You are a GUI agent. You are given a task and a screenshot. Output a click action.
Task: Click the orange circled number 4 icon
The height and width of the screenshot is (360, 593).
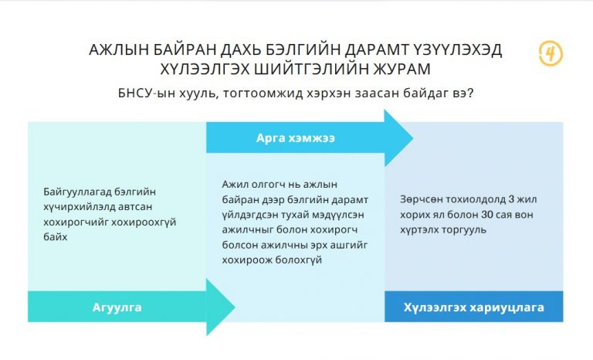[x=551, y=53]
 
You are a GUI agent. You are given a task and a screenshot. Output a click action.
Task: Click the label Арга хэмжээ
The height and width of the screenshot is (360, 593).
[x=296, y=138]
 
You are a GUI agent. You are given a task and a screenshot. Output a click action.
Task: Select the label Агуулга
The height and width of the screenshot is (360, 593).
[x=117, y=307]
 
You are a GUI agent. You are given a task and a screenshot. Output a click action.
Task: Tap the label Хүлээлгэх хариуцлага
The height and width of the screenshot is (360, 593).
[x=473, y=307]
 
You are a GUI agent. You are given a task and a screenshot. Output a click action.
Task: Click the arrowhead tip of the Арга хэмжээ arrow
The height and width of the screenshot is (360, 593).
[x=412, y=138]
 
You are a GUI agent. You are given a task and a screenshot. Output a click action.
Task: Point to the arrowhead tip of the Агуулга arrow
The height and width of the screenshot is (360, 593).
[x=235, y=307]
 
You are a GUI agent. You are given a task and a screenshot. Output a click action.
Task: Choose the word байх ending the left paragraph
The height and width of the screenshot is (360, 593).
[x=56, y=237]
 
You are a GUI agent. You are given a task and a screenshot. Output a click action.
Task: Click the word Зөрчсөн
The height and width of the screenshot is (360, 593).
[x=421, y=199]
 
